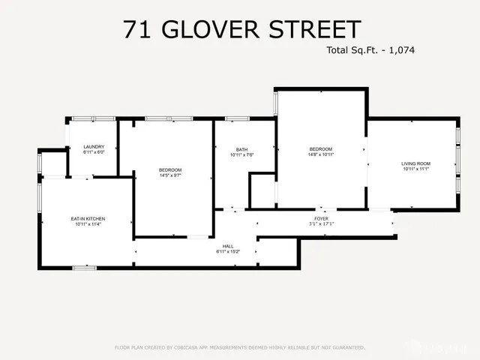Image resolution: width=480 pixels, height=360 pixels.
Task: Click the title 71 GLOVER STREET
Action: click(240, 29)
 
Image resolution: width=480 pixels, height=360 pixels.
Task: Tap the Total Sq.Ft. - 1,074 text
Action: click(370, 51)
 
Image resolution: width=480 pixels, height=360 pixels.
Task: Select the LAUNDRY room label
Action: click(94, 147)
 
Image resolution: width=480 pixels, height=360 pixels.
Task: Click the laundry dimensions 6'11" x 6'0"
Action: click(94, 152)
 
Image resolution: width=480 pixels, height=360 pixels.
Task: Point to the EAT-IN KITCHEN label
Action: click(88, 219)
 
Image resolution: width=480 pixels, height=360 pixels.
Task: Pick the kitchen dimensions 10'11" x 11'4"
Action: click(88, 224)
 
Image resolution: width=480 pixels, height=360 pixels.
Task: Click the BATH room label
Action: click(241, 149)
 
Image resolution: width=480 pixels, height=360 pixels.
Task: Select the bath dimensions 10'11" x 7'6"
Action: click(241, 154)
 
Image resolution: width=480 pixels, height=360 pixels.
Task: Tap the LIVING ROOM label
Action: click(415, 163)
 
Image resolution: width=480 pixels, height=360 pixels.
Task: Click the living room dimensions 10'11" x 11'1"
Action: click(415, 169)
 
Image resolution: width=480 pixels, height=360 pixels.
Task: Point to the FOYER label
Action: click(320, 218)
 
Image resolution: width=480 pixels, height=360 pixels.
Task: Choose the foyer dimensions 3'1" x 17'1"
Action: click(320, 223)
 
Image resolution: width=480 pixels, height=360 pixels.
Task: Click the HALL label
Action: click(228, 246)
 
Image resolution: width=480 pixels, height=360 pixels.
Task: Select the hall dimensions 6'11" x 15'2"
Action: click(228, 251)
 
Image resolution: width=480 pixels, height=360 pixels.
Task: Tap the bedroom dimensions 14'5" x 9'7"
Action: click(170, 175)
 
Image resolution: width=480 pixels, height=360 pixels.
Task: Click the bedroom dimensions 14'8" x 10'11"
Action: click(320, 154)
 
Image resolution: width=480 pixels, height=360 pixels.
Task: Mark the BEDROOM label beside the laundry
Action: click(170, 170)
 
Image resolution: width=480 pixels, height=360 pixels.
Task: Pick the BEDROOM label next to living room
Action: click(320, 149)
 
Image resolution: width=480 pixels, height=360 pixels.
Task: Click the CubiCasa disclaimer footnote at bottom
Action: click(240, 347)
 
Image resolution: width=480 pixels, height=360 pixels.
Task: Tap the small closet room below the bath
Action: click(262, 190)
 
